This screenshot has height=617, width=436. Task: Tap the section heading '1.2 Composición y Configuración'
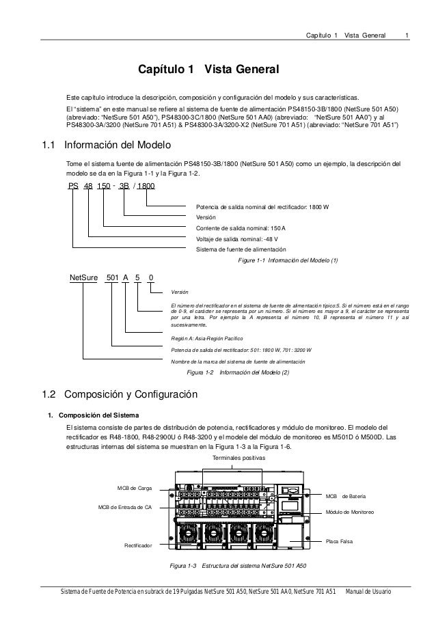coord(120,394)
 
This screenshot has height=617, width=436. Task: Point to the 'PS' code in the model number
coord(73,186)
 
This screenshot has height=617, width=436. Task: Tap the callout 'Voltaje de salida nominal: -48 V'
coord(232,238)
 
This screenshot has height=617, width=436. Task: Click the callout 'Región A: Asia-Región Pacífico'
coord(210,338)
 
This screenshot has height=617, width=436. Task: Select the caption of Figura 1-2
coord(238,372)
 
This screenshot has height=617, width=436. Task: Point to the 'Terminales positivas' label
coord(239,458)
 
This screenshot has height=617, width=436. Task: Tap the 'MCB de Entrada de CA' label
coord(125,508)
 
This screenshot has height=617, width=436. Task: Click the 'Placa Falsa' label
coord(340,541)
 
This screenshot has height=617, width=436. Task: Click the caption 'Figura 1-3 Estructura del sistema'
coord(238,566)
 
